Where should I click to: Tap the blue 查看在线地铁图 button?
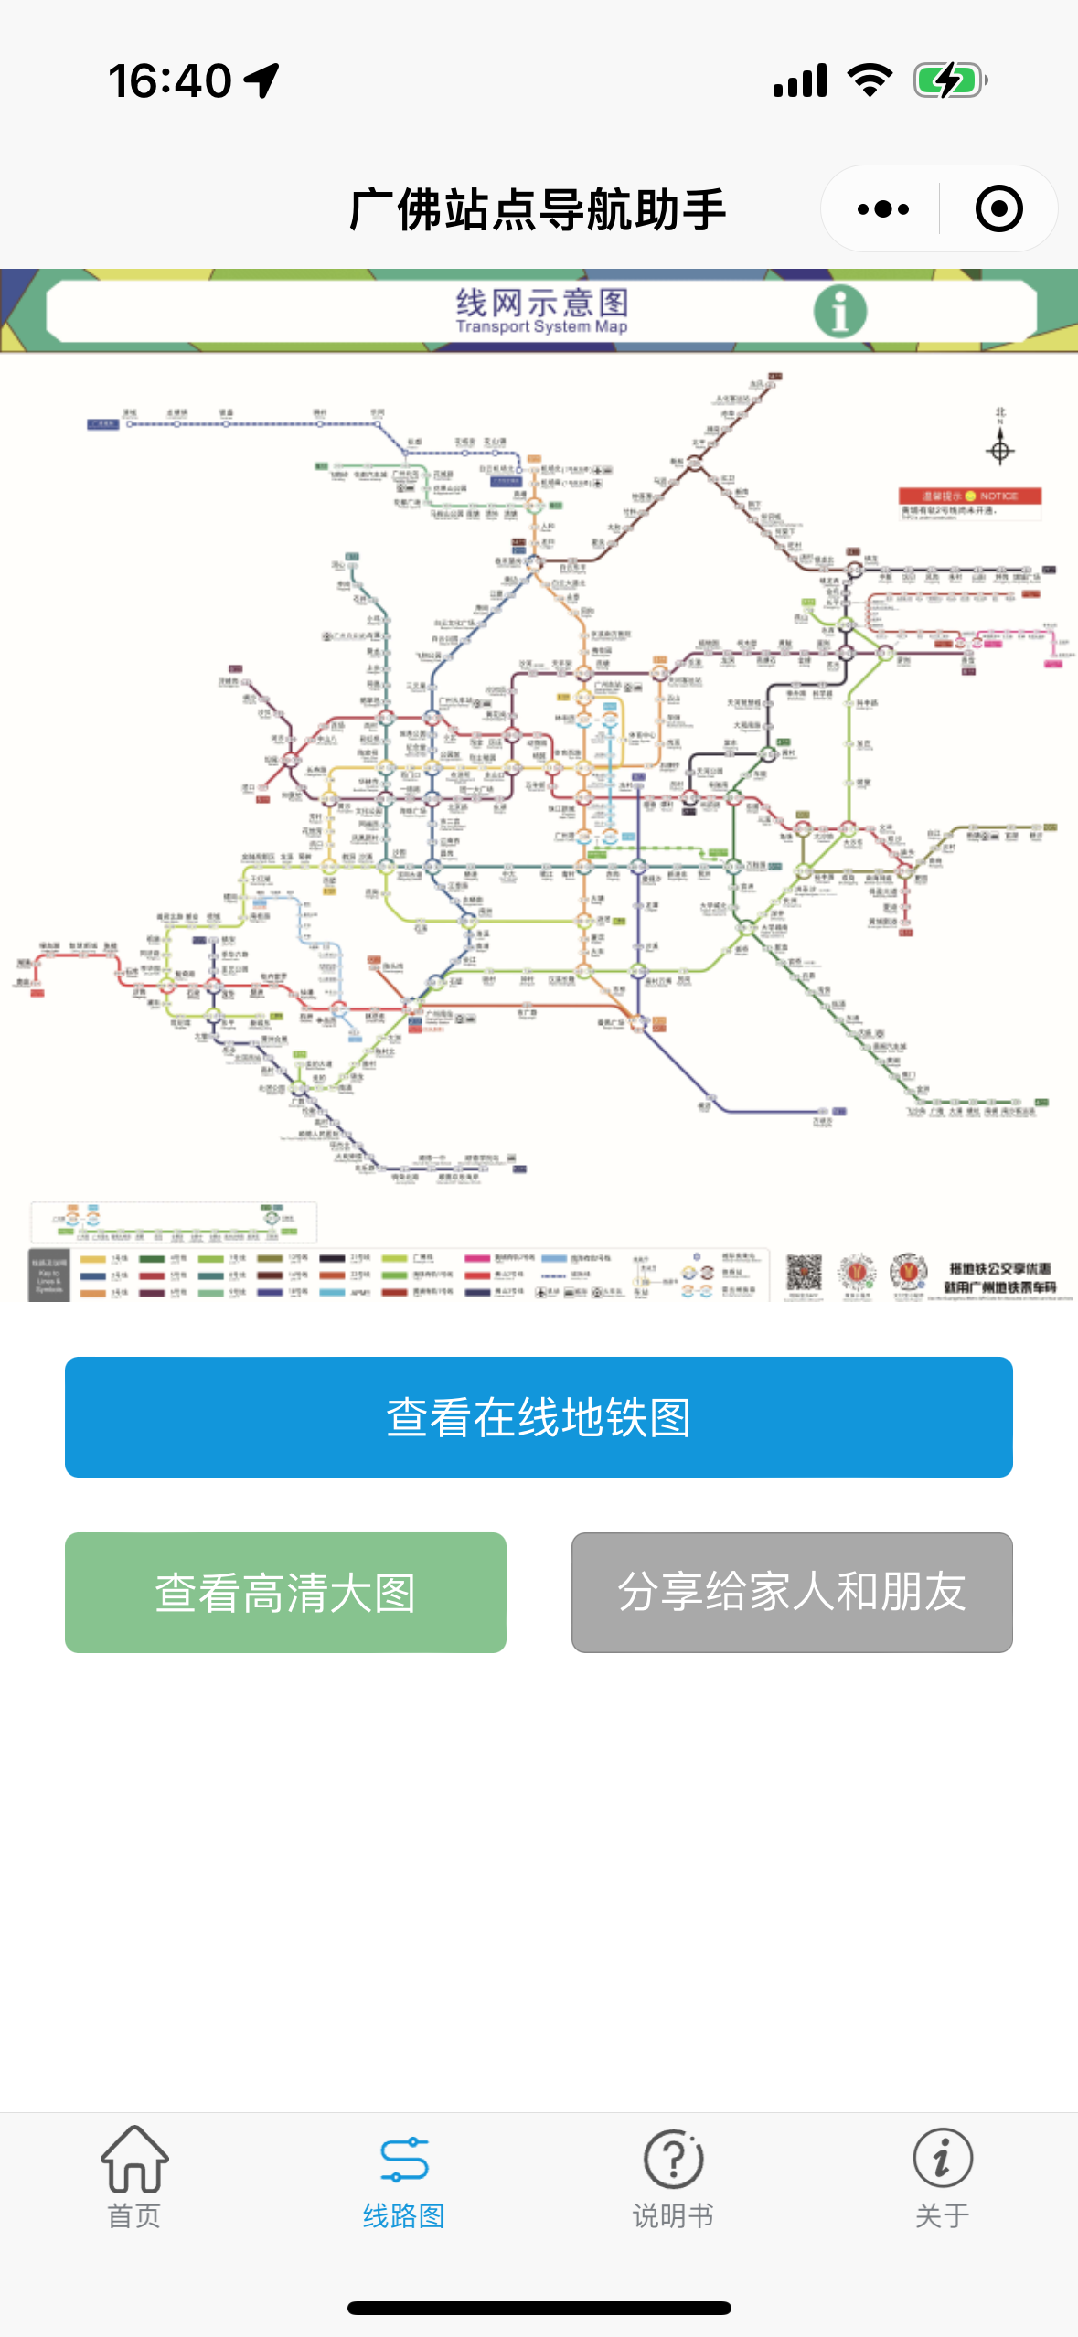tap(539, 1417)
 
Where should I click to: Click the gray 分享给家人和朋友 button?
tap(792, 1593)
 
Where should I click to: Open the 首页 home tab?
tap(134, 2177)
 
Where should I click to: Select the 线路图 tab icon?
tap(403, 2161)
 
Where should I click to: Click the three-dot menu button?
tap(882, 209)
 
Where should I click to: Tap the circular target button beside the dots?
tap(998, 209)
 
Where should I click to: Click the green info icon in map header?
tap(839, 311)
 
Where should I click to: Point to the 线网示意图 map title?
tap(541, 302)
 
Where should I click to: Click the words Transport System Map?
tap(541, 327)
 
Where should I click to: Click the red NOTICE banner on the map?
tap(970, 496)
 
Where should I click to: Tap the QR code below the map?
tap(805, 1272)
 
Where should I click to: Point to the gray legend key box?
tap(49, 1275)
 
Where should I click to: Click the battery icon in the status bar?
tap(950, 80)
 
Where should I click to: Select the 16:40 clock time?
tap(170, 80)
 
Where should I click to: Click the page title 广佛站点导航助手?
tap(538, 209)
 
